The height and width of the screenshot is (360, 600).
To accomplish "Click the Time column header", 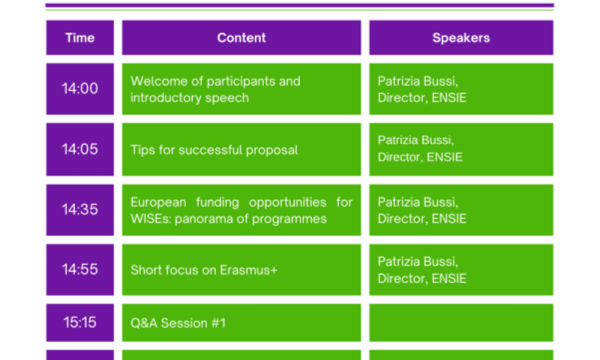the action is point(80,37).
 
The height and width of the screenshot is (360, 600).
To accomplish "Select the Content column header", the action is point(241,37).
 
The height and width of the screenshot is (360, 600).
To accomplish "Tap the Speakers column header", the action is point(461,37).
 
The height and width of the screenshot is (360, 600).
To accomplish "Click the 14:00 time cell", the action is point(80,89).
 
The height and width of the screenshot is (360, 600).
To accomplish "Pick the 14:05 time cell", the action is point(80,149).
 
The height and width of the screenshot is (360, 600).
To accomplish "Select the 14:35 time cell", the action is point(80,209).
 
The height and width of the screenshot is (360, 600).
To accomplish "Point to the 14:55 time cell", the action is point(80,269).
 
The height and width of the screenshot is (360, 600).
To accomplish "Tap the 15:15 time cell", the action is point(80,323).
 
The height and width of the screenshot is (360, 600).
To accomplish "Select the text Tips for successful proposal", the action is point(214,149).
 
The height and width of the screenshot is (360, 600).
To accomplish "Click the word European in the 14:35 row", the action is point(158,202).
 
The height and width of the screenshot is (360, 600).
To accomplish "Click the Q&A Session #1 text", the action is point(178,323).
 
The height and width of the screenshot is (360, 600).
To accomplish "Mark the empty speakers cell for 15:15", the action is point(461,323).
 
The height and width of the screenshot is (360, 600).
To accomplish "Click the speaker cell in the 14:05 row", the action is point(461,149).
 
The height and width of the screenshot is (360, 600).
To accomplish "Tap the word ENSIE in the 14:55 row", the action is point(449,278).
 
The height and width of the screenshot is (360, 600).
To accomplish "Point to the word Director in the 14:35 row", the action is point(403,219).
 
